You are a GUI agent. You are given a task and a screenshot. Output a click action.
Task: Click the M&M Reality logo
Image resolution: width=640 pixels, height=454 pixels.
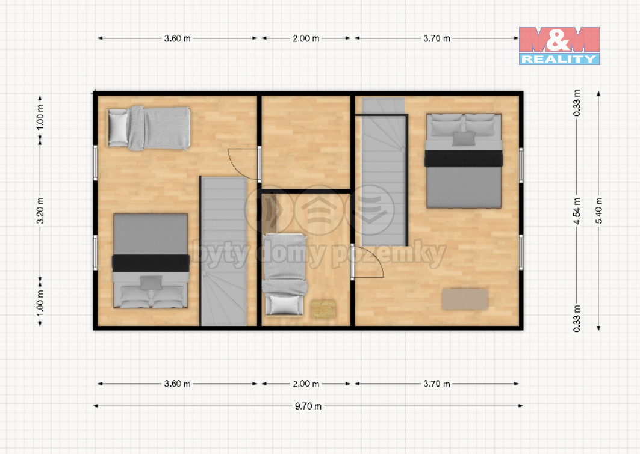(x=559, y=46)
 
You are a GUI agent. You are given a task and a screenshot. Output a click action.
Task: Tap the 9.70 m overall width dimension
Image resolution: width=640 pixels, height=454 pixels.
(x=308, y=406)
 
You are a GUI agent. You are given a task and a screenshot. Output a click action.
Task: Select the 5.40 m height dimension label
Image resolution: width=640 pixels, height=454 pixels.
(x=599, y=210)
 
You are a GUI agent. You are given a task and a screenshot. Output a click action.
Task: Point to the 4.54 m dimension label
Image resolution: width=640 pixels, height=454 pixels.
(x=577, y=210)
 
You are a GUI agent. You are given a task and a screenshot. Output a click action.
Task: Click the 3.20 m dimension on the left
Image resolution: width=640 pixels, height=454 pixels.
(x=40, y=210)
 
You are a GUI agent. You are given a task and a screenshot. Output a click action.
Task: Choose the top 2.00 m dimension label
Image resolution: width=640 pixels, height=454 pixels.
(x=306, y=38)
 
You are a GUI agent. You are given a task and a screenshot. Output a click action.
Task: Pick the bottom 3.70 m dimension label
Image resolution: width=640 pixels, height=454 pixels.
(x=437, y=384)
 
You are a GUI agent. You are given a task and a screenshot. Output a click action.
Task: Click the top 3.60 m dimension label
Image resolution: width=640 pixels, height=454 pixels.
(x=177, y=38)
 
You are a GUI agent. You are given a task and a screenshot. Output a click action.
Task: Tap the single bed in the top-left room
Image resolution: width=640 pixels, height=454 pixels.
(x=149, y=128)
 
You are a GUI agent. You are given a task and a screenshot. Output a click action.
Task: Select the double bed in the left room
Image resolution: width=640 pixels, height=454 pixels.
(x=151, y=260)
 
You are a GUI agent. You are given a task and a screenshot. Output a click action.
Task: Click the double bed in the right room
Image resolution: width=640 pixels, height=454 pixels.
(x=464, y=161)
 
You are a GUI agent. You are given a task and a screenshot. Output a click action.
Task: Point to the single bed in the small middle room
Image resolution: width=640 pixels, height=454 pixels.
(x=285, y=274)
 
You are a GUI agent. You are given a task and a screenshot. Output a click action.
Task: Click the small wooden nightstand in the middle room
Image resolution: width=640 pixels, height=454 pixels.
(x=323, y=309)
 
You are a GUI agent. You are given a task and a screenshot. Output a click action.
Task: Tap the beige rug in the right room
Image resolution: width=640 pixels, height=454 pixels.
(x=465, y=299)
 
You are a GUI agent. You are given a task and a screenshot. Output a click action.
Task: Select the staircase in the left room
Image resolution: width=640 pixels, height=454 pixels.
(x=224, y=251)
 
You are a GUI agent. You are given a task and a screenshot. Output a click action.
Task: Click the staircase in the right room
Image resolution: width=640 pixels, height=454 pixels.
(x=384, y=171)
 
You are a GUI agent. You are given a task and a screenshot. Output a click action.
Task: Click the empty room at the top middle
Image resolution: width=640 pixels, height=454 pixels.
(x=306, y=143)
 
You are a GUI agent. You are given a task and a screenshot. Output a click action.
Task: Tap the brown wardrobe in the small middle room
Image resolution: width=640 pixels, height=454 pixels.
(x=269, y=212)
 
